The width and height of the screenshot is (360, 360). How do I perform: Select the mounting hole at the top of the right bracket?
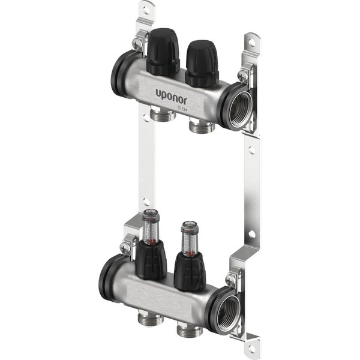250,43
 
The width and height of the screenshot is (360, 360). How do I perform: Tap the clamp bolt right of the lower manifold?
231,279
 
